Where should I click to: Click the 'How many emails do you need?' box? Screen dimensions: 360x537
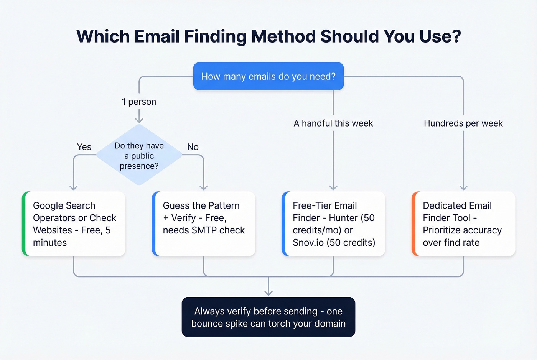tap(268, 76)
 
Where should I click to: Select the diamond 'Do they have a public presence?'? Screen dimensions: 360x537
tap(139, 155)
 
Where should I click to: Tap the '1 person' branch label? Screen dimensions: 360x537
tap(139, 102)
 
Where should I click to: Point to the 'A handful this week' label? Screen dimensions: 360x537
tap(333, 123)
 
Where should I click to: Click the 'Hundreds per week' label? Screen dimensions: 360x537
tap(463, 123)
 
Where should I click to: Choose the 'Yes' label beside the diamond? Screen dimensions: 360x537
tap(84, 147)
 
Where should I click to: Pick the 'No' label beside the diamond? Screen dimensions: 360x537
tap(193, 147)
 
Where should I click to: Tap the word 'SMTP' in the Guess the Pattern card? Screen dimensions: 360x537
tap(204, 230)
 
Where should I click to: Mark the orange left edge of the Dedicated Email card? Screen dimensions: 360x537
tap(414, 224)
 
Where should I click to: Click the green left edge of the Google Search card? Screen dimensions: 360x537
tap(24, 224)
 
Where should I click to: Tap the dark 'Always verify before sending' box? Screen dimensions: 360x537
tap(268, 317)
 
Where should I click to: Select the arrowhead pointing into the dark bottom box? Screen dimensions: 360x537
tap(268, 293)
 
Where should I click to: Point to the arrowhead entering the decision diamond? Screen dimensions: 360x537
tap(139, 120)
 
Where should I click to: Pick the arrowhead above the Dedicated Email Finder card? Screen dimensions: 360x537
tap(463, 187)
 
